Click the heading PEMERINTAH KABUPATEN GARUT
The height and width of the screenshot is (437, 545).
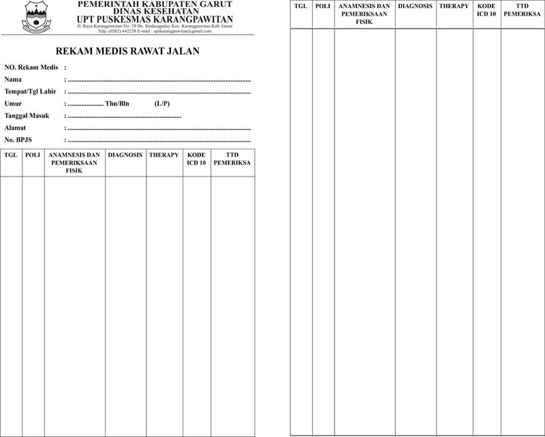[155, 5]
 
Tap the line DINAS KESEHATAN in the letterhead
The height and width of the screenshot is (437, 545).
[155, 12]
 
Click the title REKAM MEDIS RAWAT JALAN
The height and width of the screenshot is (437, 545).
[127, 52]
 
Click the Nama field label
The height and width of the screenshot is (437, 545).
[13, 80]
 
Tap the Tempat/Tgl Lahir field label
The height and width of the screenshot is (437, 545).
[30, 91]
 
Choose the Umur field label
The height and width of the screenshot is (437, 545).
[14, 104]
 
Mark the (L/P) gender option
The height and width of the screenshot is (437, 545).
[162, 104]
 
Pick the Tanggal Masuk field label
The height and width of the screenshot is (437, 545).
[27, 116]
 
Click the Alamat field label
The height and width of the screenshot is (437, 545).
[16, 128]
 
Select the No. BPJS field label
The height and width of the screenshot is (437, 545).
[18, 140]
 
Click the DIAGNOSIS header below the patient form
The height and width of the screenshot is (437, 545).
[125, 155]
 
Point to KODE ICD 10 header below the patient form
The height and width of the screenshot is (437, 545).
[196, 160]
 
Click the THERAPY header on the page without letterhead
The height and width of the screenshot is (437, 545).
[454, 6]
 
